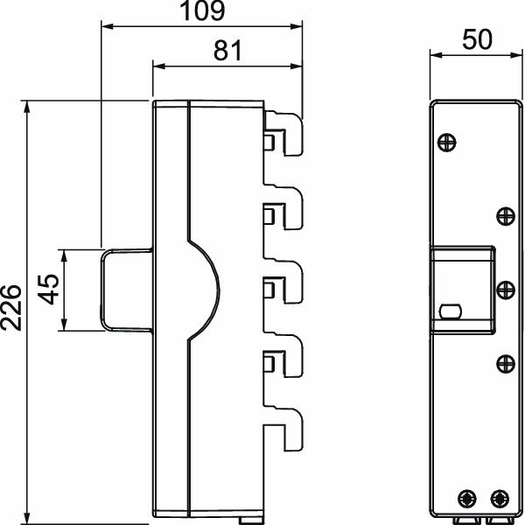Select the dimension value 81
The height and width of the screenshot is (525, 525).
pos(228,51)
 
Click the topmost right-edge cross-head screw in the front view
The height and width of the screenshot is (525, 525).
pos(503,215)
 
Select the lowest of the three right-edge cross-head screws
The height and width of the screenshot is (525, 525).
pos(503,363)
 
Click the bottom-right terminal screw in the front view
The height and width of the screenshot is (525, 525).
pos(500,498)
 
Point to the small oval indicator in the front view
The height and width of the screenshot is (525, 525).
pos(451,311)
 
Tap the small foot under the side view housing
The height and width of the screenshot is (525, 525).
pos(246,520)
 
